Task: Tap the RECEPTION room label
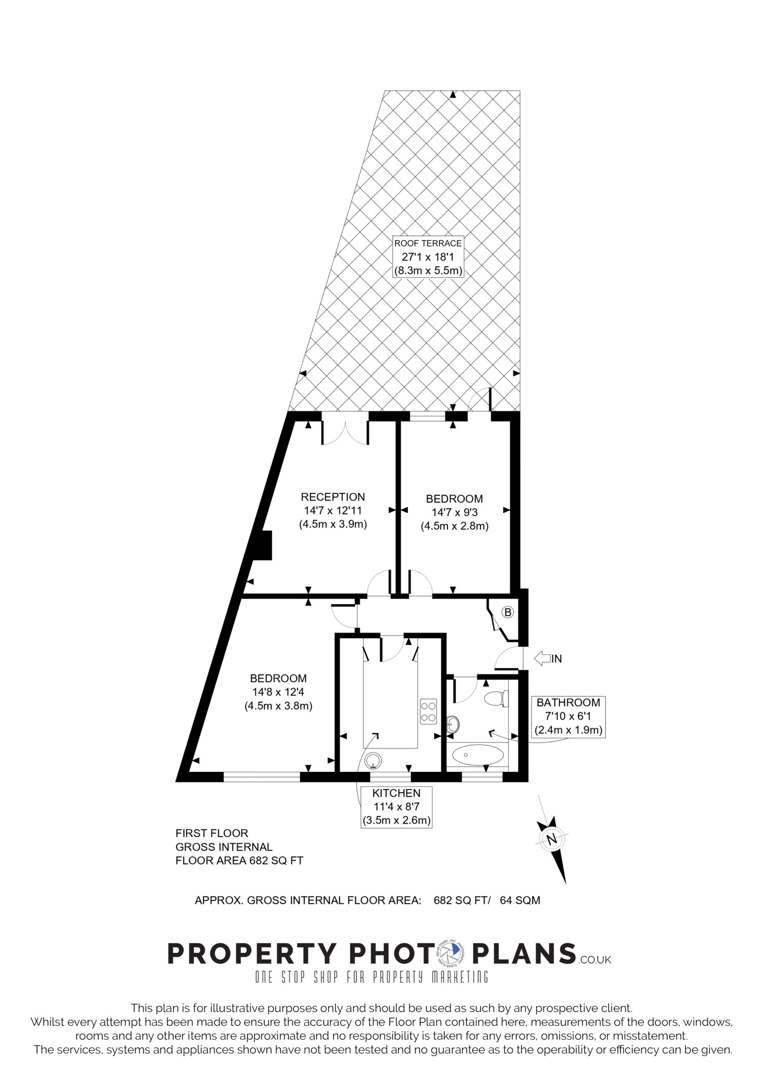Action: tap(333, 497)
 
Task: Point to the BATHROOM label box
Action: tap(568, 717)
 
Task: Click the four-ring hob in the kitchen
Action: tap(429, 711)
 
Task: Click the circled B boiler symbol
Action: tap(507, 612)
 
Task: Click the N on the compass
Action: tap(552, 838)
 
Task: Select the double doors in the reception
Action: tap(345, 432)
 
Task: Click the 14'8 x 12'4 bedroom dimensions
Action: tap(278, 692)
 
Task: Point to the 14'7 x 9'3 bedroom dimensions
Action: tap(454, 513)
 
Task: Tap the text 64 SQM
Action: tap(520, 900)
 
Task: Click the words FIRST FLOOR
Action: tap(212, 833)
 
